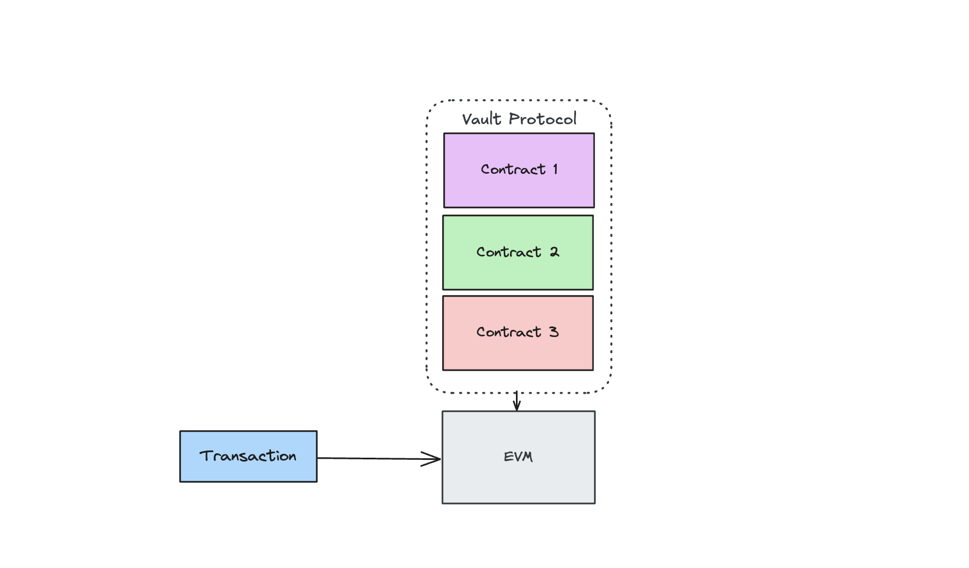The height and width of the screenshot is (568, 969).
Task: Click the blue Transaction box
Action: coord(248,471)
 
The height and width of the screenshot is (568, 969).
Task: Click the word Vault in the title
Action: coord(482,119)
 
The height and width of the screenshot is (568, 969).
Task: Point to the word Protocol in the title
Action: coord(542,119)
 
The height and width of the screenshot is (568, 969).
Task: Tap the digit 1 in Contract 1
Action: coord(556,169)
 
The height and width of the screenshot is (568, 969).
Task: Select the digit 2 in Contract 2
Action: coord(554,252)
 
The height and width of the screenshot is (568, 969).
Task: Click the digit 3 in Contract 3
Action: coord(553,332)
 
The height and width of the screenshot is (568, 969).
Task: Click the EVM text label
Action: coord(518,457)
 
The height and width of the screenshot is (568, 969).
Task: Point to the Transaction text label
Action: coord(248,456)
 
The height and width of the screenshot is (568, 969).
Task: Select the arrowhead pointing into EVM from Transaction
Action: coord(433,459)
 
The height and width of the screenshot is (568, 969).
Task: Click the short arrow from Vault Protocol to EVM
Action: coord(516,401)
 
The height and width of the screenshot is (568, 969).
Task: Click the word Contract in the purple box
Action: coord(513,169)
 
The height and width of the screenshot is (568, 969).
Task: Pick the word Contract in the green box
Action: coord(508,252)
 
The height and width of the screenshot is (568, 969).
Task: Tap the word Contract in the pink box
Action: coord(508,332)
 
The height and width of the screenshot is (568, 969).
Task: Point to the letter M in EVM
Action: coord(527,457)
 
